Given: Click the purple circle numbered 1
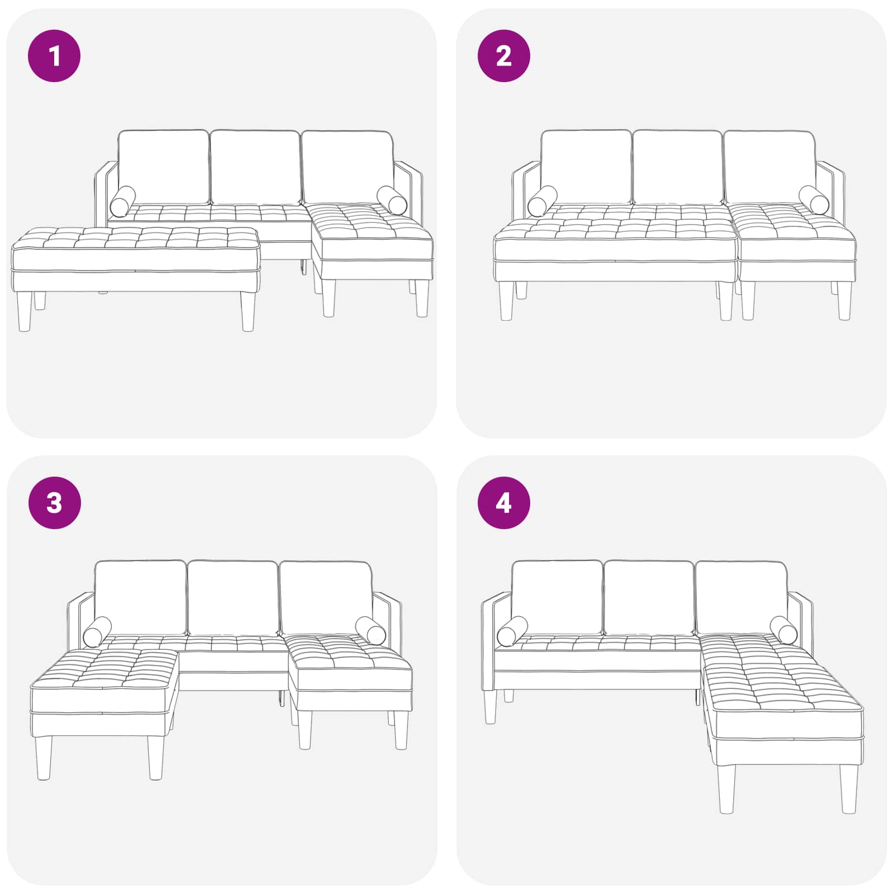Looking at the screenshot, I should tap(54, 56).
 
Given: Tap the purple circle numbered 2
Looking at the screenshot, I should tap(503, 56).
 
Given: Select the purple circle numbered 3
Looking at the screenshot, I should tap(54, 503).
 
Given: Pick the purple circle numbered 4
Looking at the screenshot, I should tap(503, 503).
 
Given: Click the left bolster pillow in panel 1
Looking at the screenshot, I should tap(122, 202).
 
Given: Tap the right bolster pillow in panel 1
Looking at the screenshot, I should tap(392, 201).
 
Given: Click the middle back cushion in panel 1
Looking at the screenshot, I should tap(255, 167).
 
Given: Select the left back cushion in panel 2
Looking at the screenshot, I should tap(586, 167).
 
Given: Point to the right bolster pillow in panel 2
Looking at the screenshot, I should tap(814, 200).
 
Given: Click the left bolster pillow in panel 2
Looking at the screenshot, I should tap(542, 202).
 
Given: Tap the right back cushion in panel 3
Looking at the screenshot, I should tap(326, 598).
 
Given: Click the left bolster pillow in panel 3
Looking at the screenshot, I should tap(97, 632).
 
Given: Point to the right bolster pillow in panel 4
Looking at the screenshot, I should tap(784, 630).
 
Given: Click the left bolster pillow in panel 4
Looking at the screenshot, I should tap(512, 631).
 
